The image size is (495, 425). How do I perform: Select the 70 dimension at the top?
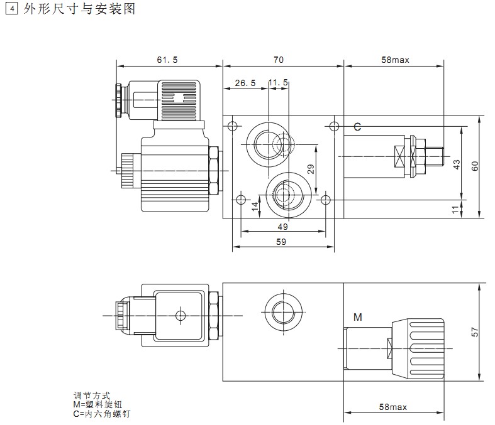point(279,60)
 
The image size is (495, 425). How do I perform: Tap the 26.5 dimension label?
point(245,83)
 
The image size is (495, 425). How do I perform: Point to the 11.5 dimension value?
point(278,83)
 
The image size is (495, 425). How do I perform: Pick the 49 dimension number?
point(282,227)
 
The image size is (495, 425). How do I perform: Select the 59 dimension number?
point(282,242)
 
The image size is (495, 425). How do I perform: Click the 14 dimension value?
point(255,207)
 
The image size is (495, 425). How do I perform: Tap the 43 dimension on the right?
point(457,164)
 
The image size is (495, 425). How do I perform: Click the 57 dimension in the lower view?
point(476,331)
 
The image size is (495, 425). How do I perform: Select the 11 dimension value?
point(457,210)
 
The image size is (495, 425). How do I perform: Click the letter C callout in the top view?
point(357,127)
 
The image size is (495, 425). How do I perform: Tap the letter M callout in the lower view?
point(357,317)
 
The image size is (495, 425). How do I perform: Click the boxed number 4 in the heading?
point(9,9)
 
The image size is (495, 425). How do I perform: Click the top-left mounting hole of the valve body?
point(233,126)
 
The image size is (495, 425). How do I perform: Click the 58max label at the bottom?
point(394,407)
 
